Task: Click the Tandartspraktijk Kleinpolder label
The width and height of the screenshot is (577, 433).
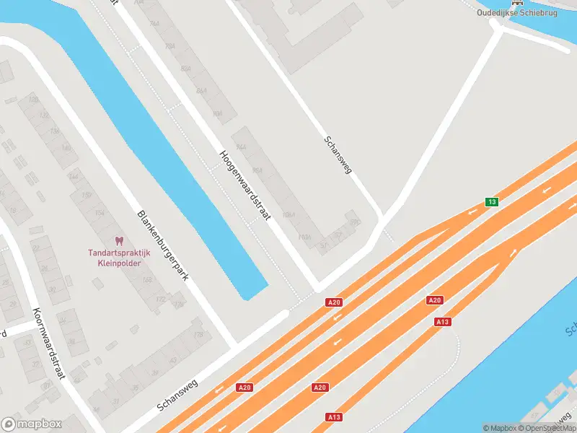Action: pyautogui.click(x=119, y=258)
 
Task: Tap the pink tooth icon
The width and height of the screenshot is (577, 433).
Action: pyautogui.click(x=119, y=241)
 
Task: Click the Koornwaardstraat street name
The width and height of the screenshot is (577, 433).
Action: pyautogui.click(x=49, y=344)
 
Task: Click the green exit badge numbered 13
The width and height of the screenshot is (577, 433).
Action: pyautogui.click(x=491, y=201)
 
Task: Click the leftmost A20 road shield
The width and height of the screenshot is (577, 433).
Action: pyautogui.click(x=245, y=388)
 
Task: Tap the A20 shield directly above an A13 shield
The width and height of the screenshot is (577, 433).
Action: pyautogui.click(x=434, y=300)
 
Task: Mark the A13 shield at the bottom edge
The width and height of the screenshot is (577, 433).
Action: pyautogui.click(x=333, y=417)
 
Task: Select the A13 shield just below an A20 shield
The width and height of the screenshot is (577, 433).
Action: pyautogui.click(x=443, y=322)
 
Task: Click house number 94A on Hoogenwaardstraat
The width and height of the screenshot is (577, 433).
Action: pyautogui.click(x=241, y=146)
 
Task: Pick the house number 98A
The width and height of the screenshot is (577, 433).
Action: pyautogui.click(x=257, y=170)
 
